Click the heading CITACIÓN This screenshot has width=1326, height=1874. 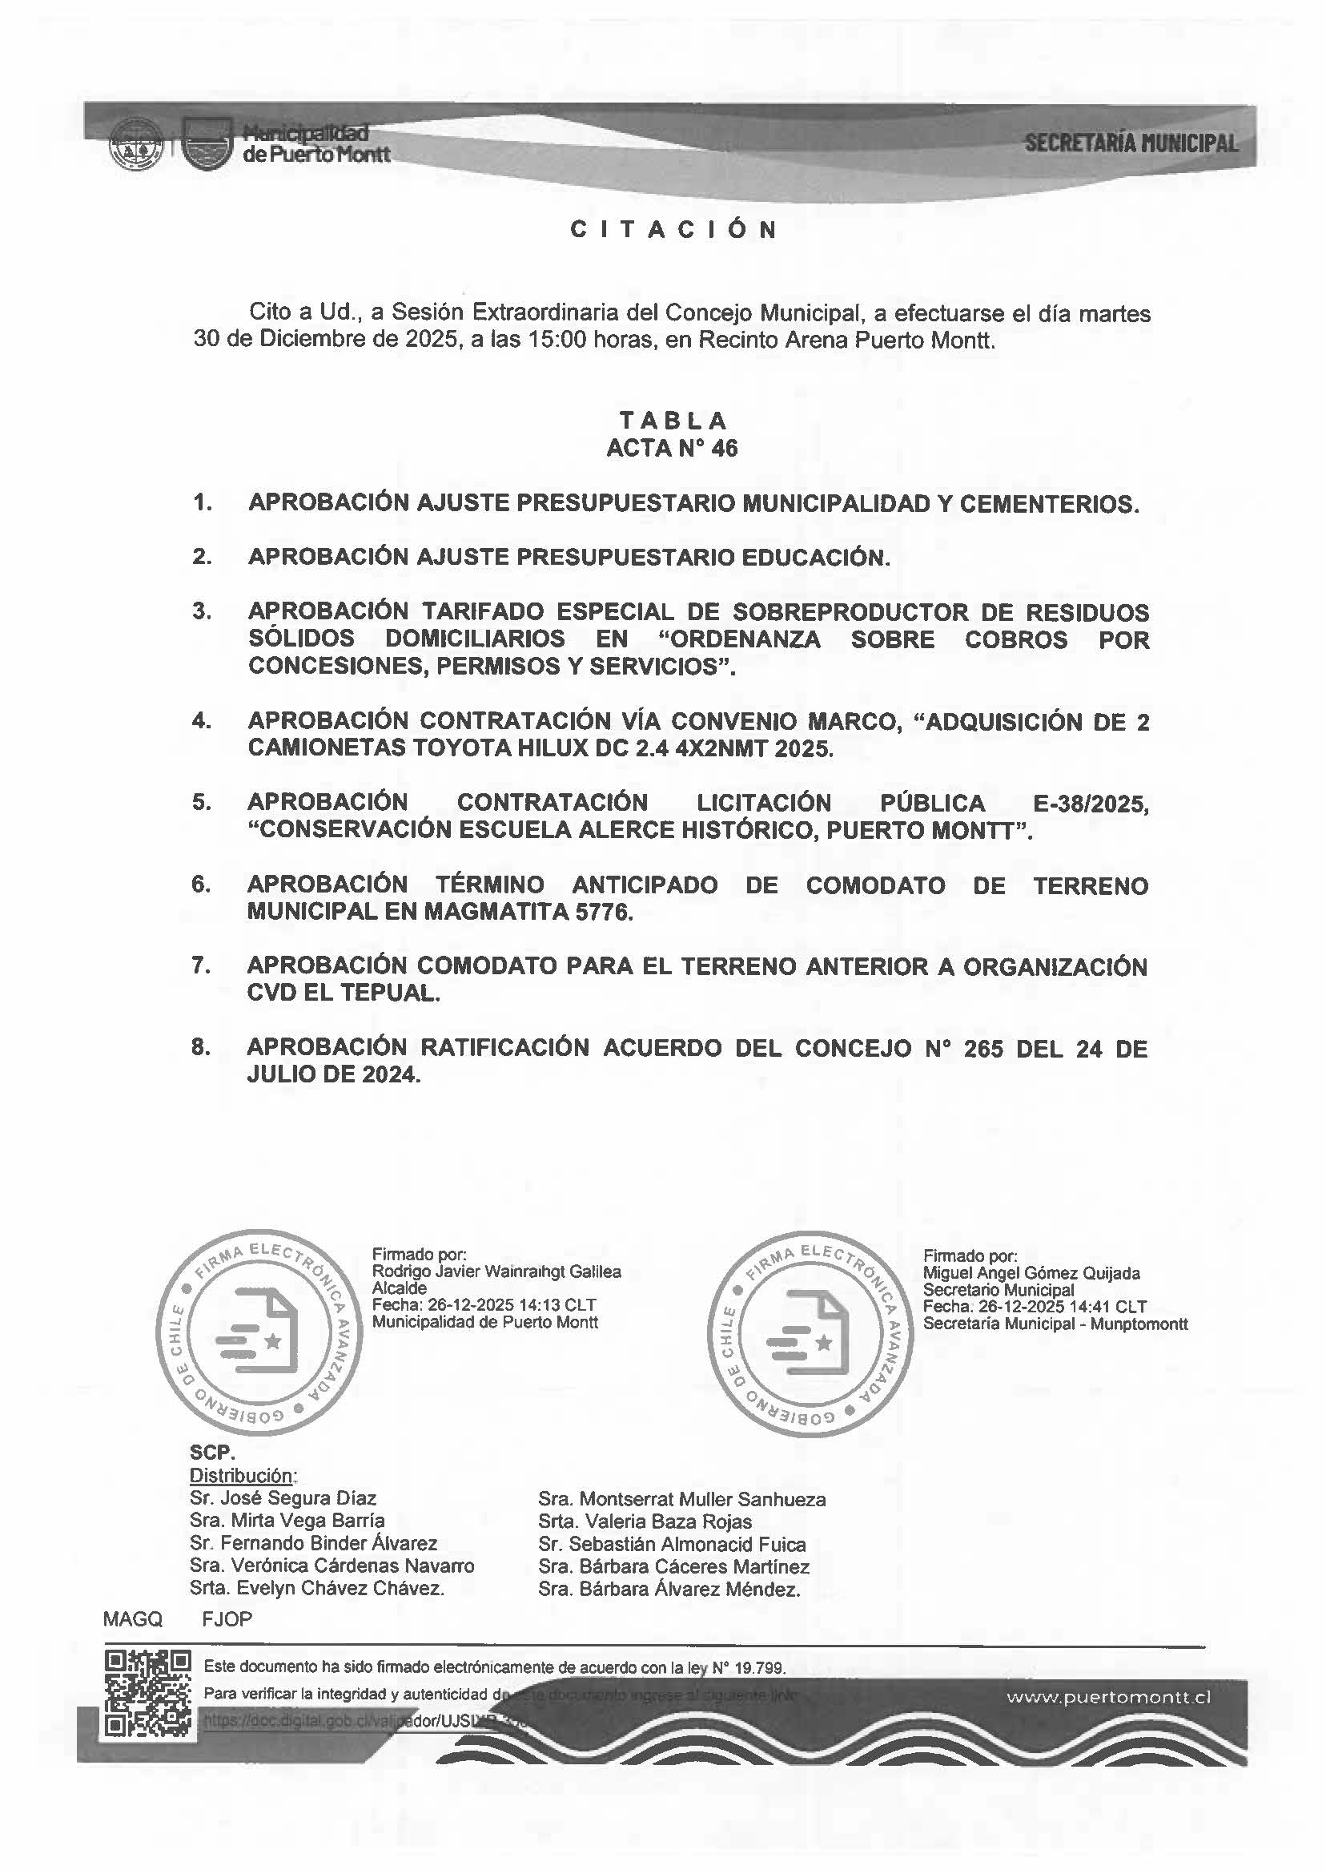click(x=673, y=230)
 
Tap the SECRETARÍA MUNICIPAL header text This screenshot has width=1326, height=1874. click(x=1131, y=143)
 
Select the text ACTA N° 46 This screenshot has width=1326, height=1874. click(x=672, y=448)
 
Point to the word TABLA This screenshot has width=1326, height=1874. click(x=673, y=421)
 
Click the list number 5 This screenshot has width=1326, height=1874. click(x=201, y=802)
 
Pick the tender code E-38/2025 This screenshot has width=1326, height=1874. click(x=1090, y=804)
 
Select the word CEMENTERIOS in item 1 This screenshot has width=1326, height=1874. click(x=1048, y=504)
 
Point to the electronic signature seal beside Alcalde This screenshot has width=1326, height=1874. click(x=255, y=1332)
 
